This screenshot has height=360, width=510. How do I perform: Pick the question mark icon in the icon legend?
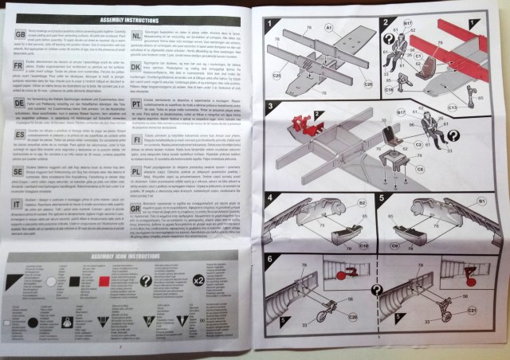coord(147,281)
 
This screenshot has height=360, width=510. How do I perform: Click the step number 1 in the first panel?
coord(270,23)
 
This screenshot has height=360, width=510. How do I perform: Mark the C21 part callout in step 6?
coord(471,331)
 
